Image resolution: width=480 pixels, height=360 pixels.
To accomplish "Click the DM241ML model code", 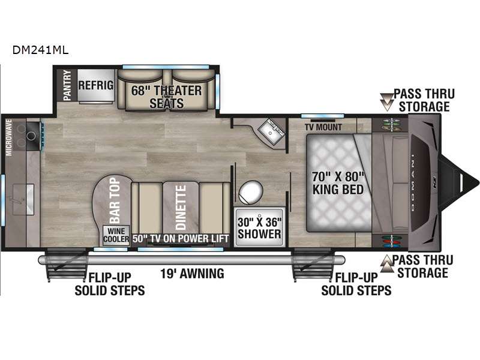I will coord(40,50).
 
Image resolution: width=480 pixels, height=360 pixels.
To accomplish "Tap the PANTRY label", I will coord(67,85).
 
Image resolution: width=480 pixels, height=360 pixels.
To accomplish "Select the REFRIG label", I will coord(95,85).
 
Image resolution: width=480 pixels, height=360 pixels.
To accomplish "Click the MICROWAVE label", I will coord(9,137).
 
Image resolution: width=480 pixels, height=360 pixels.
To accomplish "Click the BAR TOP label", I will coord(113,198).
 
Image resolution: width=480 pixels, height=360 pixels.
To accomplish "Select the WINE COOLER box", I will coord(116,233).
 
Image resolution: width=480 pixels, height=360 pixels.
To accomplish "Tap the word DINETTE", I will coord(180,208).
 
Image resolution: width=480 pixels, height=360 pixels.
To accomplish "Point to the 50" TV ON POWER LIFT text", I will coord(181,238).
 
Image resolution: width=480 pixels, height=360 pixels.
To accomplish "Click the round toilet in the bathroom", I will coord(250,193).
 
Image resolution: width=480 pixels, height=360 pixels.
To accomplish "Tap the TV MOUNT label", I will coord(323,127).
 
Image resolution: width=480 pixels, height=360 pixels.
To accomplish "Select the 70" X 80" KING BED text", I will coord(338,183).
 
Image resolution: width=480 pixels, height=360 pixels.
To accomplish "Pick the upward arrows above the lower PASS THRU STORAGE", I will coord(386,260).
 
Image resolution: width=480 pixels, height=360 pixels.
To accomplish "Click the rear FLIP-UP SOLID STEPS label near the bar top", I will coord(109,284).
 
